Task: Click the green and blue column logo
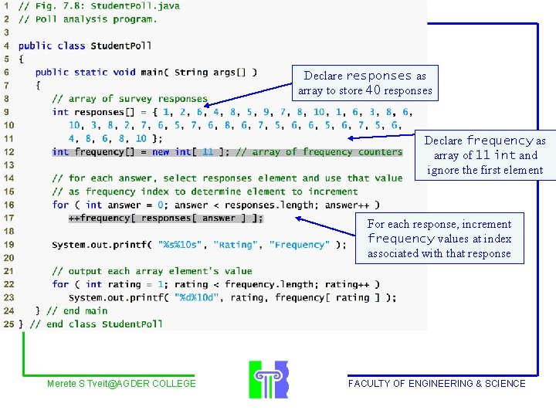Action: coord(268,378)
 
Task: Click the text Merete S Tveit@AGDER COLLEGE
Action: coord(121,384)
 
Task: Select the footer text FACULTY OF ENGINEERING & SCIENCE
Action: coord(436,384)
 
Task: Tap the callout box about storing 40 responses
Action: coord(364,83)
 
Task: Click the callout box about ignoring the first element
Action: coord(484,155)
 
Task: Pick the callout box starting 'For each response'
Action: coord(439,239)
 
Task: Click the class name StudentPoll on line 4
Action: coord(121,46)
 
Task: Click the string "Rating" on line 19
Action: coord(236,245)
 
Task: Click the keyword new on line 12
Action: coord(161,152)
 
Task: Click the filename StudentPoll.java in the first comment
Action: coord(135,5)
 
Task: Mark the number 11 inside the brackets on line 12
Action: coord(208,152)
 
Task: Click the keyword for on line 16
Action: coord(60,205)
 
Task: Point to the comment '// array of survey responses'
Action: coord(130,99)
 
